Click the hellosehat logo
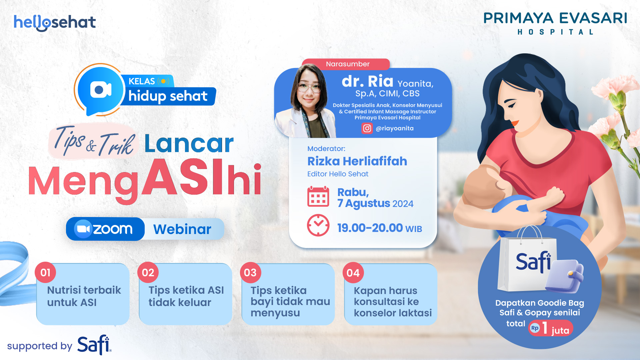tap(55, 23)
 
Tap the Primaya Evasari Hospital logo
tap(555, 23)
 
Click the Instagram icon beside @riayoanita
tap(367, 128)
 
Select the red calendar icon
tap(318, 197)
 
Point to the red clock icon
tap(318, 225)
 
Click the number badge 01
tap(45, 273)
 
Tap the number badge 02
tap(148, 273)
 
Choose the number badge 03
tap(250, 273)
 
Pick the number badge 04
tap(353, 273)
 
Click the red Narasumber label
tap(347, 64)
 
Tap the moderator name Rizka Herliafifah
tap(357, 161)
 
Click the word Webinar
tap(182, 229)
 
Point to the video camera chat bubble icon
tap(100, 89)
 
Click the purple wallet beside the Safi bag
tap(565, 276)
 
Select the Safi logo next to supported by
tap(94, 345)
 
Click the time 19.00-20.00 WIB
tap(379, 228)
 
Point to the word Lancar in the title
tap(189, 144)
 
